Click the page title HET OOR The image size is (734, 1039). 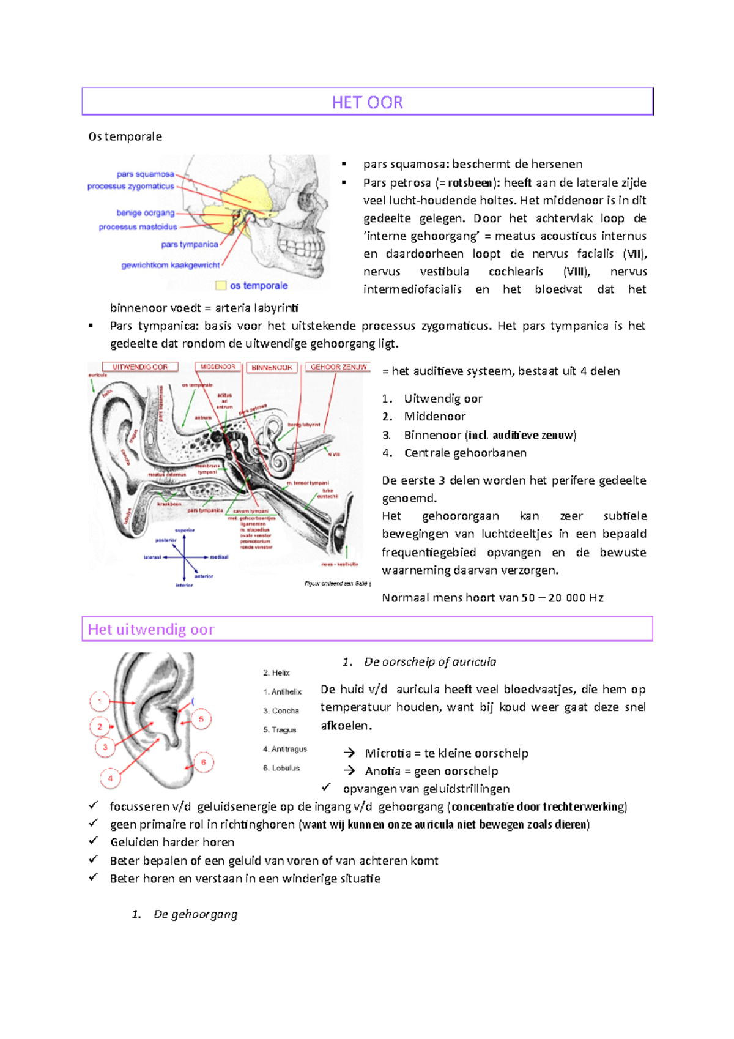(x=367, y=102)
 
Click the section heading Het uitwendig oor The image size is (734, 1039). (x=151, y=629)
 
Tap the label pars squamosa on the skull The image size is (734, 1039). (x=146, y=174)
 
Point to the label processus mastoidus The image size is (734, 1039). (x=138, y=227)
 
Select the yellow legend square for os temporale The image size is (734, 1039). (x=221, y=285)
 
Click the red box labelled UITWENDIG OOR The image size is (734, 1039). (x=140, y=367)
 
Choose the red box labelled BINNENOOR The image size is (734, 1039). (x=272, y=368)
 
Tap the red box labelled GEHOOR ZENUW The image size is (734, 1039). (x=338, y=367)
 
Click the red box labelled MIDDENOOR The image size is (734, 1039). (x=218, y=367)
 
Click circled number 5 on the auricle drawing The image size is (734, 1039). (x=201, y=719)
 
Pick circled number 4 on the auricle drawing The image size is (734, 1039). (x=110, y=778)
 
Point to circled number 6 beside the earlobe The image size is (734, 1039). (x=204, y=762)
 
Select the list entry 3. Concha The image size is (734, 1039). (x=281, y=711)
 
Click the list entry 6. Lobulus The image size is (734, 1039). (x=281, y=768)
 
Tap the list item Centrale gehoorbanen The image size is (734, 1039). (x=465, y=453)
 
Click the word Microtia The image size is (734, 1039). (x=388, y=753)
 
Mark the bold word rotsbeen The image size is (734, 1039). (x=470, y=182)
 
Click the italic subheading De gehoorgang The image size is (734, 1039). (x=195, y=914)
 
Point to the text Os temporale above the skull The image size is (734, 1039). (x=125, y=136)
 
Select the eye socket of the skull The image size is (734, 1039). (x=306, y=201)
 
